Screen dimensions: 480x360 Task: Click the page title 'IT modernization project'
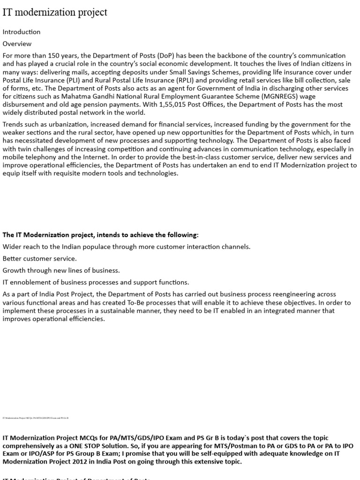[x=55, y=13]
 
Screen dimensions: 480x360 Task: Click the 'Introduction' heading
[x=22, y=32]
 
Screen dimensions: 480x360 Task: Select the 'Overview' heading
[x=17, y=44]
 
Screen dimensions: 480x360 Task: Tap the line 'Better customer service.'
[x=40, y=258]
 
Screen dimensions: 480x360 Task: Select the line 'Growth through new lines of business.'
[x=61, y=270]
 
